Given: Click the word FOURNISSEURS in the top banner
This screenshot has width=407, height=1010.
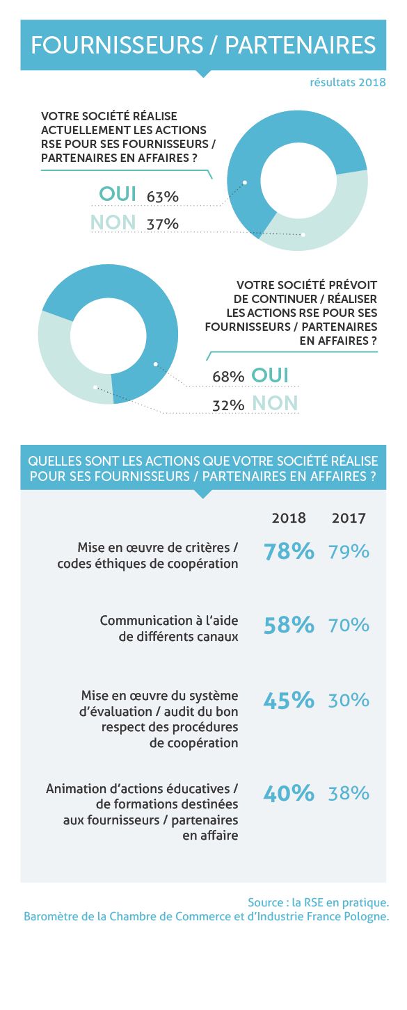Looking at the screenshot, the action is [x=117, y=45].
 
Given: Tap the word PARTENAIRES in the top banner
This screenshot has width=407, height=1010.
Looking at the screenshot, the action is [x=301, y=45].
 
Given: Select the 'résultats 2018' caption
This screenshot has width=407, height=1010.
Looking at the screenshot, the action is [x=347, y=83].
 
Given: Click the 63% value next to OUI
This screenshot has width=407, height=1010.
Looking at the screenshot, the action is [x=162, y=197].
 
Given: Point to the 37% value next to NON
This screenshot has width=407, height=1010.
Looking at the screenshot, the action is [x=162, y=224].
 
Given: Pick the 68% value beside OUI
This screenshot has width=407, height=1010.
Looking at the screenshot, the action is [x=228, y=376].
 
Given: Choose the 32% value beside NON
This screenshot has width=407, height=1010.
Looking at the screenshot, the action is [x=228, y=405].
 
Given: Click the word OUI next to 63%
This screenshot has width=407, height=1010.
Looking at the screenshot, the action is [x=118, y=194].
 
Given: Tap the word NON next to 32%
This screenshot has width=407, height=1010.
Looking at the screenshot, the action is [x=275, y=402].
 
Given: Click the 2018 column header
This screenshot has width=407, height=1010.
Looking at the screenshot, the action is [x=289, y=518].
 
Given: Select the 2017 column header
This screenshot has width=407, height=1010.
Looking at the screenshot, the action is [x=349, y=518].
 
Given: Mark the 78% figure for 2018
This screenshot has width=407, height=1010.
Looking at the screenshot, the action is [x=289, y=551].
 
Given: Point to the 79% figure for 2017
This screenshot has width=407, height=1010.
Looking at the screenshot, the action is [x=349, y=551].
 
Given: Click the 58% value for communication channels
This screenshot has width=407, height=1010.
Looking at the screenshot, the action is [x=289, y=625].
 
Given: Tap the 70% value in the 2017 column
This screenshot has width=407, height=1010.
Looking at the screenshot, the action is [x=349, y=625].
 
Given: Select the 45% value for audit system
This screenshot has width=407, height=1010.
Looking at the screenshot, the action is [x=289, y=700].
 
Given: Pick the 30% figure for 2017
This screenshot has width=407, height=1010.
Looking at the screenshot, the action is [x=349, y=700].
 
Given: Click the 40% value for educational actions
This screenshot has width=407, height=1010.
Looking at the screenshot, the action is [x=289, y=793].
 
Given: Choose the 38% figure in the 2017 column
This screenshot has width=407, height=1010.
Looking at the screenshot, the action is [x=349, y=793].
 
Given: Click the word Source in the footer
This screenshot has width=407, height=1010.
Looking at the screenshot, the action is [x=265, y=902].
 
